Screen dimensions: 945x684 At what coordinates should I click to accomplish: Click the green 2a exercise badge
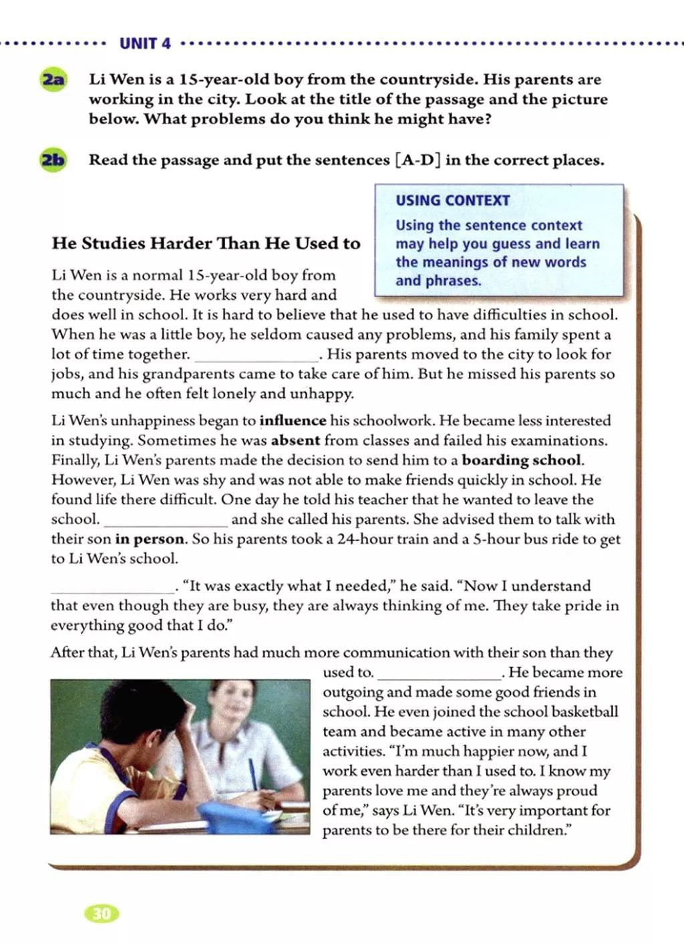(53, 80)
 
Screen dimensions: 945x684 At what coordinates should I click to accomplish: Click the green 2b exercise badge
(53, 161)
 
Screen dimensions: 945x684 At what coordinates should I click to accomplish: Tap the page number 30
(101, 914)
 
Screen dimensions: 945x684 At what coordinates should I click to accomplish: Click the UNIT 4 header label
(145, 44)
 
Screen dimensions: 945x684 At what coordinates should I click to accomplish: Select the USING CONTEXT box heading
(452, 200)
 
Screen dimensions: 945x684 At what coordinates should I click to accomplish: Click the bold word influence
(293, 421)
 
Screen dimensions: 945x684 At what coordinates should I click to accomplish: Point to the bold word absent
(295, 441)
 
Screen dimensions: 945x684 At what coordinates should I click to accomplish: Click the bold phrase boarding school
(522, 460)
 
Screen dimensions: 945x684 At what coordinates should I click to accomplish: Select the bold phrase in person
(150, 539)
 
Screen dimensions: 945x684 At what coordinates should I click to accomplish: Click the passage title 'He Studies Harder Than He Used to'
(206, 243)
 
